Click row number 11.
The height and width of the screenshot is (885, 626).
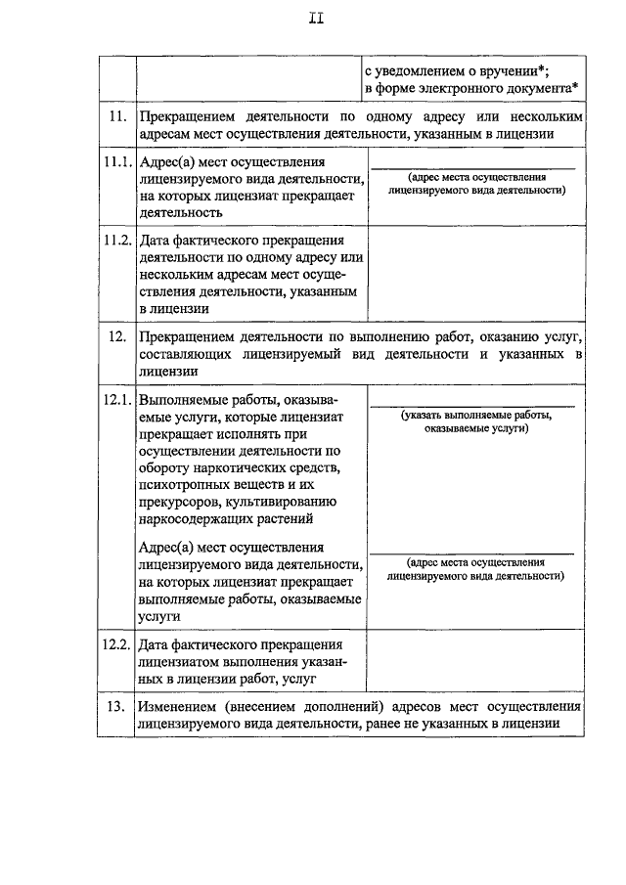click(116, 117)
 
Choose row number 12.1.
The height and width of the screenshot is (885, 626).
click(116, 401)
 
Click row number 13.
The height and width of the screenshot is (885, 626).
click(116, 706)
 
